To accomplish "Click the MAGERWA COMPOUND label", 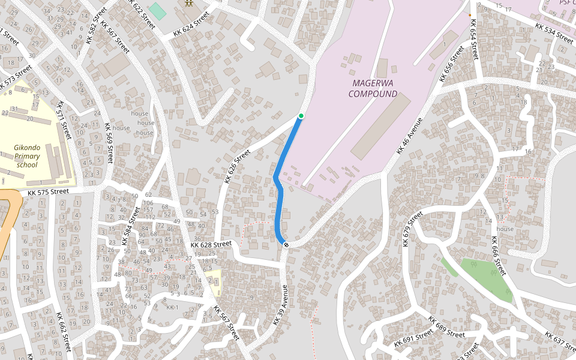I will pyautogui.click(x=373, y=88).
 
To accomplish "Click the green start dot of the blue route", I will pyautogui.click(x=301, y=116).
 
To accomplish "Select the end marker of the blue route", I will pyautogui.click(x=286, y=244).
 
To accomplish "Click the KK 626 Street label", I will pyautogui.click(x=236, y=167).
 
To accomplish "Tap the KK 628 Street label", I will pyautogui.click(x=211, y=245).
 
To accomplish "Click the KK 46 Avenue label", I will pyautogui.click(x=410, y=136).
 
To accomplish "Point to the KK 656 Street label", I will pyautogui.click(x=451, y=64).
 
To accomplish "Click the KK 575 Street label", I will pyautogui.click(x=49, y=192).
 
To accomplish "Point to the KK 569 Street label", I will pyautogui.click(x=109, y=143).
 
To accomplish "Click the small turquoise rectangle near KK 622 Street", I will pyautogui.click(x=157, y=11).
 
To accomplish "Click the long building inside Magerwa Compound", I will pyautogui.click(x=380, y=127).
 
